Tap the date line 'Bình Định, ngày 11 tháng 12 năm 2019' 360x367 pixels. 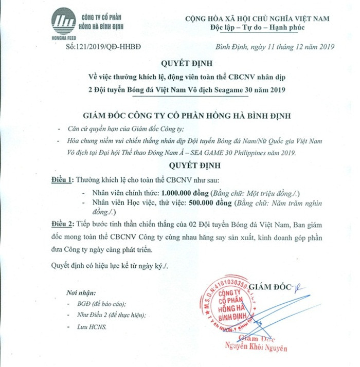point(275,47)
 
